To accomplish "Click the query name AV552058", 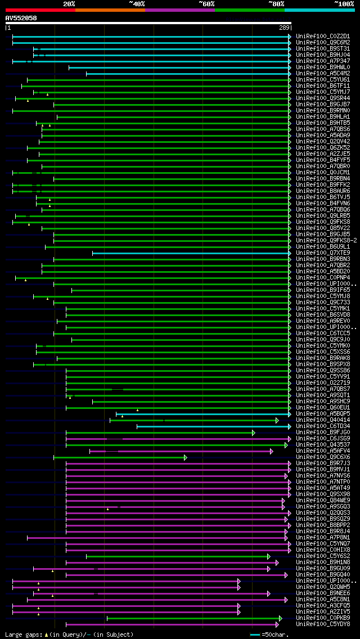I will [x=21, y=18].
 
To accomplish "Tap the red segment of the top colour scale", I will [x=40, y=10].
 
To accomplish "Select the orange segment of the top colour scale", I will [x=110, y=10].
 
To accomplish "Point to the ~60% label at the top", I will [x=206, y=3].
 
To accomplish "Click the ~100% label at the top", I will [x=344, y=3].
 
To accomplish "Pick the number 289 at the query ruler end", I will [x=284, y=28].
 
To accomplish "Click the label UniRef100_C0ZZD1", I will [x=315, y=36].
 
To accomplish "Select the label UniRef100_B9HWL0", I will [x=315, y=67].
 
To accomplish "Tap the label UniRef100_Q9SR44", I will [x=315, y=98].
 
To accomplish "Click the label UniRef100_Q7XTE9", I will [x=315, y=253].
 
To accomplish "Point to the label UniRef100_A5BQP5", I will [x=315, y=413].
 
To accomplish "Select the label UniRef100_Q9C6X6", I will [x=315, y=457].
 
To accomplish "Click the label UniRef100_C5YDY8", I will [x=315, y=624].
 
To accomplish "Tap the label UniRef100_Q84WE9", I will [x=315, y=500].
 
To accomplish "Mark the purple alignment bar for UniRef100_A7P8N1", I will [x=157, y=537].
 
